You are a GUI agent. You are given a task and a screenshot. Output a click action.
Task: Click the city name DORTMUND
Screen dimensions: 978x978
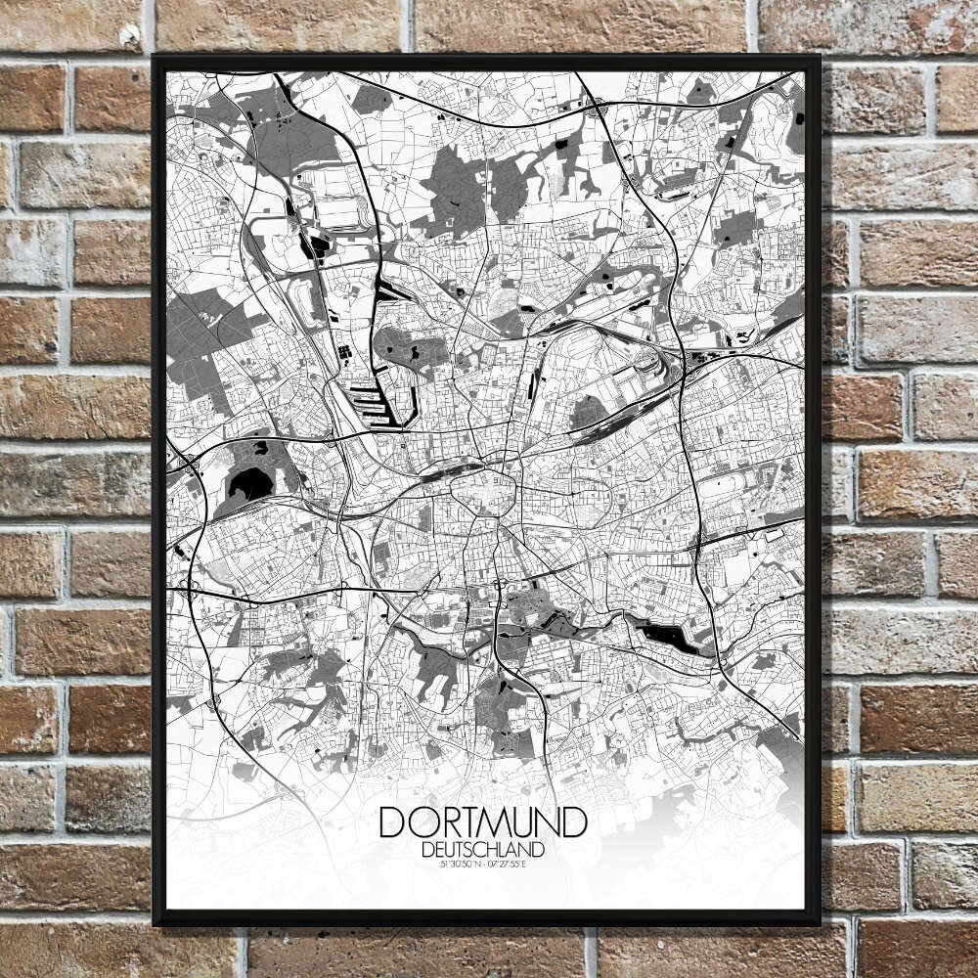[483, 822]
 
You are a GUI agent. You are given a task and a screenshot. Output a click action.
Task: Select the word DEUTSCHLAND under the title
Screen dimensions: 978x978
[483, 849]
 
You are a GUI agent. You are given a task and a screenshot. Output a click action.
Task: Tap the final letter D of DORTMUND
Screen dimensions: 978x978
[575, 822]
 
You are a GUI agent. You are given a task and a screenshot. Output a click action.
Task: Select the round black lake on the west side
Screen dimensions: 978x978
[249, 482]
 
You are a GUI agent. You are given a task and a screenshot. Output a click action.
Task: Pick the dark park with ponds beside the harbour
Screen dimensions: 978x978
[411, 347]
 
